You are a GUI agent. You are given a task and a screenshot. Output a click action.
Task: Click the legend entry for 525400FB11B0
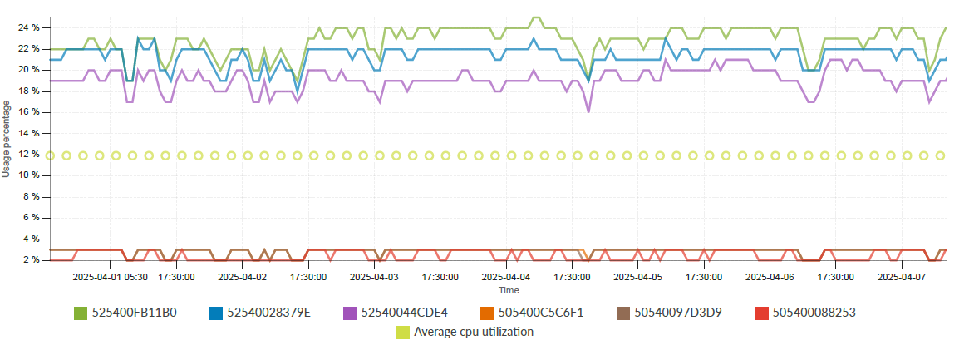134,313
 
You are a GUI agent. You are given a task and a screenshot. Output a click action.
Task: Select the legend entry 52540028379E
268,313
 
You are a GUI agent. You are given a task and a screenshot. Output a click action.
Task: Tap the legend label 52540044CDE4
404,313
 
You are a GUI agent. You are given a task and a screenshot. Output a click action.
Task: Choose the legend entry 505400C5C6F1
540,313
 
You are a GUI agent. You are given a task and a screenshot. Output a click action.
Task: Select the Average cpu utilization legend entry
474,332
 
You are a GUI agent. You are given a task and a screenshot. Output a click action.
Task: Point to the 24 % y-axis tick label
29,27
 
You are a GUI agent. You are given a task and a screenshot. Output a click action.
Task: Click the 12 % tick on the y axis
29,154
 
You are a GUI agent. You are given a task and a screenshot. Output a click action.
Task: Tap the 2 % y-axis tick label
32,259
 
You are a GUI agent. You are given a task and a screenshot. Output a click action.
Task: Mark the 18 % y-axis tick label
29,91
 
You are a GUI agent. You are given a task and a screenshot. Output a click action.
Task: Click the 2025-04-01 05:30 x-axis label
111,277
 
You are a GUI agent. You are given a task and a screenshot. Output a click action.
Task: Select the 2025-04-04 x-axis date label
506,277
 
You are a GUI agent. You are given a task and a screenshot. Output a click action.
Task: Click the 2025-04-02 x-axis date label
243,277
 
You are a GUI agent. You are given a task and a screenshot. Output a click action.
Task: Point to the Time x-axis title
509,290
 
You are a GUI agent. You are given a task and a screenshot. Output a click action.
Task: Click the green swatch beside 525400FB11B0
81,313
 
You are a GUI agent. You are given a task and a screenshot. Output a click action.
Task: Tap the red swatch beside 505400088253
760,313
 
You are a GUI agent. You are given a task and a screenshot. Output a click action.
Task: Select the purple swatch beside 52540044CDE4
350,313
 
